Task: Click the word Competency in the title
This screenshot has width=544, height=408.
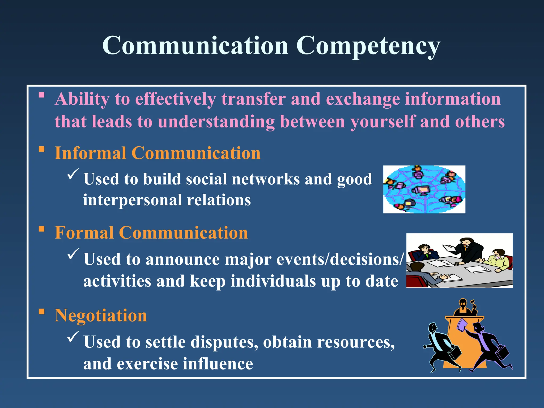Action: [368, 46]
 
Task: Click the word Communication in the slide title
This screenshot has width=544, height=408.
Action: [195, 46]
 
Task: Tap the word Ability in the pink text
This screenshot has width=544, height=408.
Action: [82, 99]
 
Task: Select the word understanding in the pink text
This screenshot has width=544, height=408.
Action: [216, 122]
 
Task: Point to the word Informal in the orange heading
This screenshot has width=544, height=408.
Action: [90, 153]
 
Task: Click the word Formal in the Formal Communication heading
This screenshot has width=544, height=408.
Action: [84, 233]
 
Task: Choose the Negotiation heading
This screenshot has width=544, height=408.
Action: [101, 316]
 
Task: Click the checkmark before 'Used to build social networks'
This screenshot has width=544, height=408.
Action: [73, 174]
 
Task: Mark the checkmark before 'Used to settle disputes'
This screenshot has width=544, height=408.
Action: [73, 337]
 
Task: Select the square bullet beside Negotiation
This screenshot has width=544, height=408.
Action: [41, 311]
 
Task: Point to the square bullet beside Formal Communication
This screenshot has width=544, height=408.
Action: [41, 229]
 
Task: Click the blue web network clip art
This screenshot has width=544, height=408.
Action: [424, 189]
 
